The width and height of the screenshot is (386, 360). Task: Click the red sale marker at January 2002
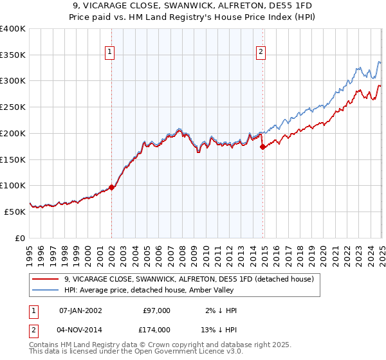pos(111,187)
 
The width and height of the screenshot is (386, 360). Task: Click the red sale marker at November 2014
pos(262,147)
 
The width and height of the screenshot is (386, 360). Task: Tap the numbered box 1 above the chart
pos(110,53)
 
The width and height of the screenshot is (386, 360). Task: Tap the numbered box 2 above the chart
pos(261,53)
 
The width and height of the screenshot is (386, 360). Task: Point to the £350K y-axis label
pos(13,55)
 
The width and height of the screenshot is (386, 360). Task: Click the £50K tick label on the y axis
pos(15,212)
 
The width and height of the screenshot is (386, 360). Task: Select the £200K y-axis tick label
pos(13,134)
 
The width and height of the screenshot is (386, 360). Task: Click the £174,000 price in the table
pos(156,331)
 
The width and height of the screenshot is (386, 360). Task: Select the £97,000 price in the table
pos(156,310)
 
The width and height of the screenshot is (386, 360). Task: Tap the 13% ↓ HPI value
pos(219,331)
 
